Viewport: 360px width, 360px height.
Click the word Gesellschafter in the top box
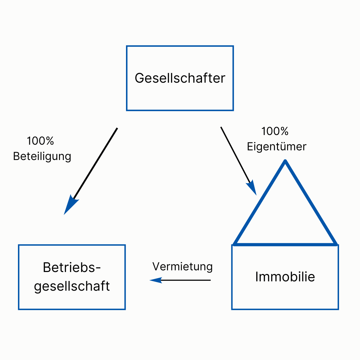pyautogui.click(x=180, y=78)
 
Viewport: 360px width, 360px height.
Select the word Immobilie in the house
pyautogui.click(x=285, y=276)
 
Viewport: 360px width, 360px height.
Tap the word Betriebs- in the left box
pyautogui.click(x=72, y=267)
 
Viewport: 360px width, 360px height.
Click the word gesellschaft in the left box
pyautogui.click(x=72, y=286)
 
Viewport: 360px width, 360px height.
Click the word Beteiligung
pyautogui.click(x=42, y=157)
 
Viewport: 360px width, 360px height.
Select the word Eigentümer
pyautogui.click(x=277, y=146)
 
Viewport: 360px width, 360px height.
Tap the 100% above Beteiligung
pyautogui.click(x=40, y=141)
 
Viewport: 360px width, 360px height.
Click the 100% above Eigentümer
pyautogui.click(x=275, y=131)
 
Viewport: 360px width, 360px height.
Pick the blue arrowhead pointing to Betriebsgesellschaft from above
pyautogui.click(x=70, y=205)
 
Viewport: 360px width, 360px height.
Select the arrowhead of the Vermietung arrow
pyautogui.click(x=156, y=280)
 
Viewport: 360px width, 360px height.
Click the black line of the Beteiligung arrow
pyautogui.click(x=95, y=163)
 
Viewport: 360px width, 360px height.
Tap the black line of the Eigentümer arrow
pyautogui.click(x=235, y=155)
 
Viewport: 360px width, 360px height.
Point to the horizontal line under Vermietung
pyautogui.click(x=186, y=280)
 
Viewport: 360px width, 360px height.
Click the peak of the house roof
pyautogui.click(x=285, y=161)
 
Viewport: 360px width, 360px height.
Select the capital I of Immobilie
pyautogui.click(x=257, y=276)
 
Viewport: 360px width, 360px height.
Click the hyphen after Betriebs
pyautogui.click(x=98, y=268)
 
